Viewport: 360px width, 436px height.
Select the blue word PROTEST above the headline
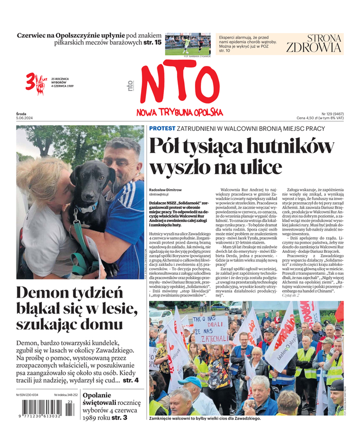[x=162, y=128]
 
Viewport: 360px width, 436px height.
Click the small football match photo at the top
[x=188, y=44]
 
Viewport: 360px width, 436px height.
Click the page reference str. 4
[x=130, y=379]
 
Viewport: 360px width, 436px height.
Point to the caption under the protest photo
[x=205, y=419]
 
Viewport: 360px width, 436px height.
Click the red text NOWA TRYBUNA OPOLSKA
[x=180, y=112]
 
